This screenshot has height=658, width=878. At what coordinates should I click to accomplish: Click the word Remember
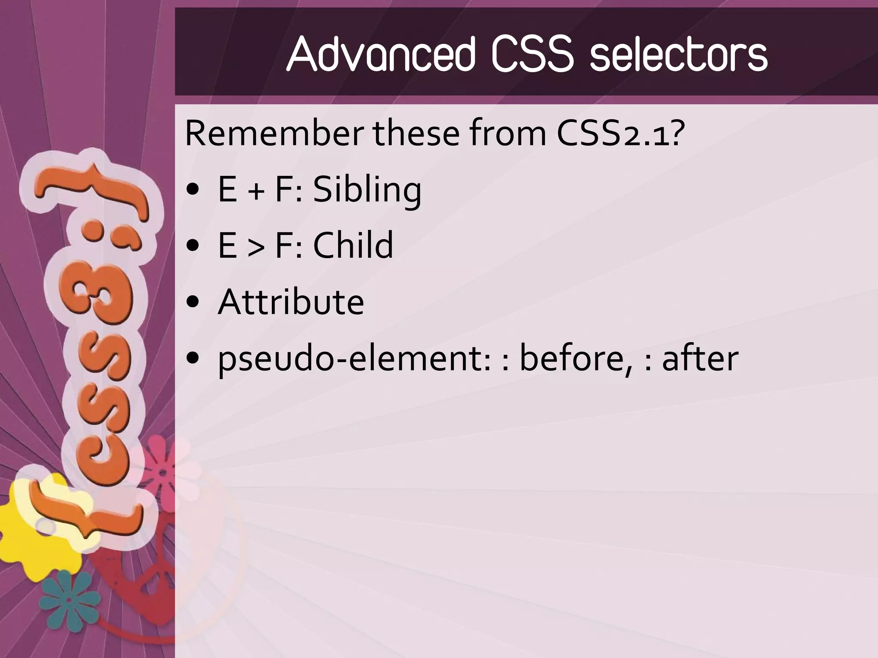[274, 134]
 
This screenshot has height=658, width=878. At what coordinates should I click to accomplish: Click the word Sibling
[367, 190]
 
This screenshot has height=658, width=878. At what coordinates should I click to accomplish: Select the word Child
[353, 245]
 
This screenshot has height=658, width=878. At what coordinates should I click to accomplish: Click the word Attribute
[291, 302]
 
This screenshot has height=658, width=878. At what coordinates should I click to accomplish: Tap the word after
[700, 359]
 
